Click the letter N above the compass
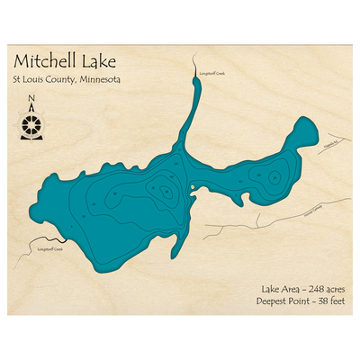pos(31,100)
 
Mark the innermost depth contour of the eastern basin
pos(268,177)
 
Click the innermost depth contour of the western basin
pos(166,191)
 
